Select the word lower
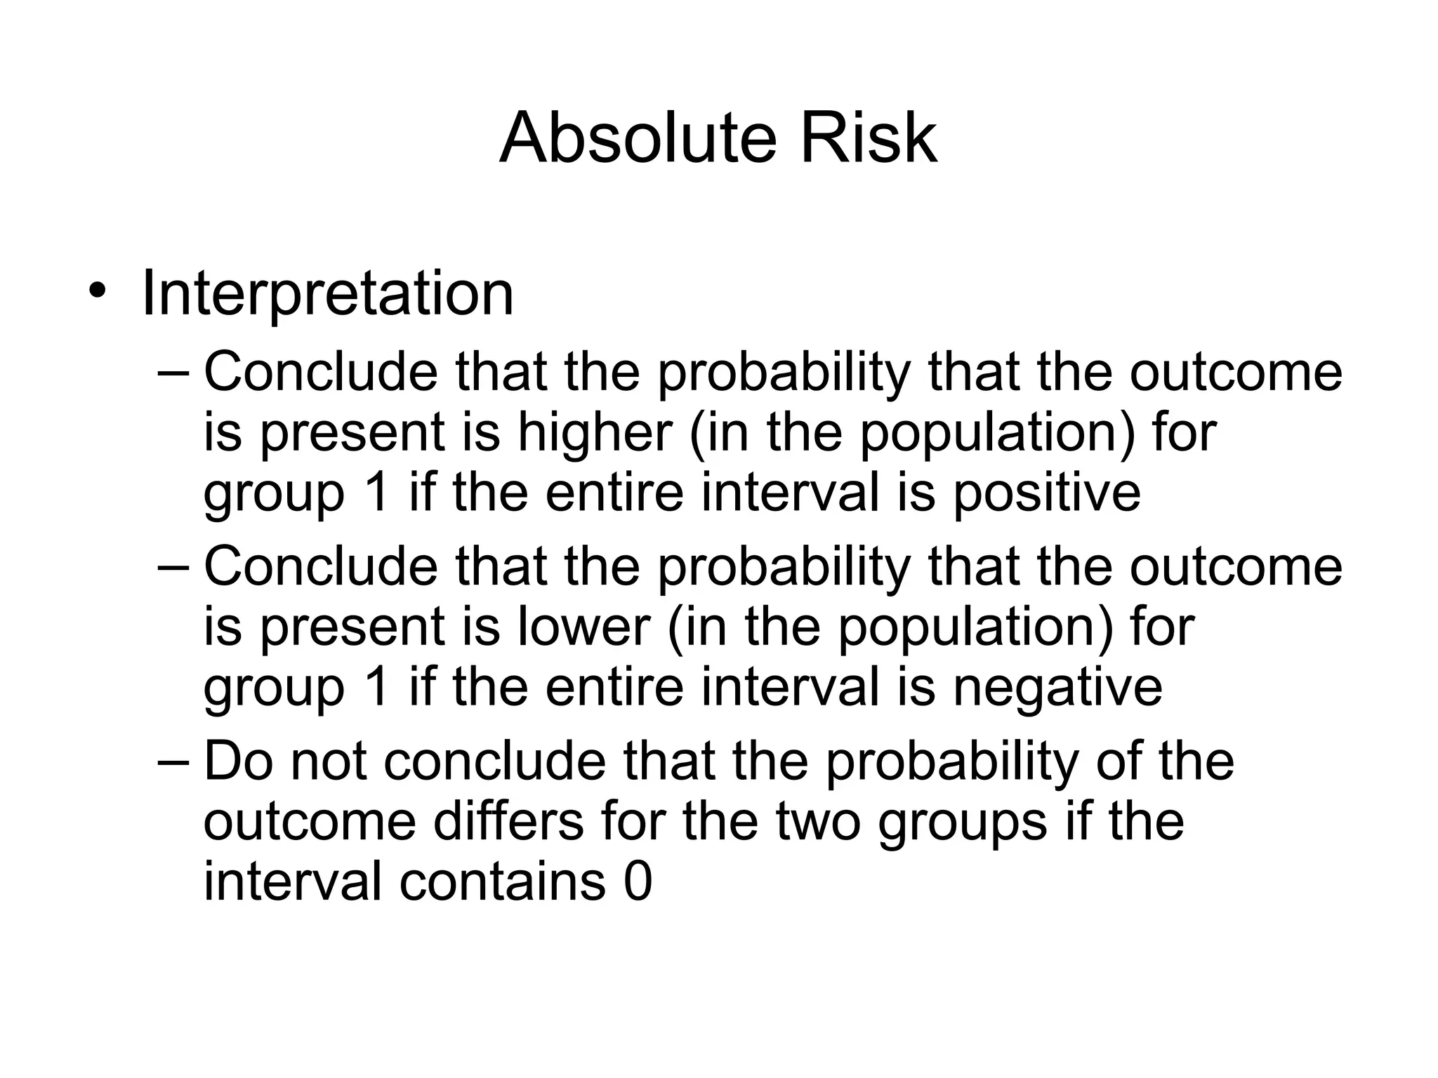[584, 627]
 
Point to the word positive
[1046, 493]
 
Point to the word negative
[1057, 688]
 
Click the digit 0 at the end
[638, 882]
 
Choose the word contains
[502, 882]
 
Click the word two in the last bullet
[818, 822]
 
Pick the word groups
[962, 823]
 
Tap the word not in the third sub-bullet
[329, 761]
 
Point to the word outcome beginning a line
[310, 822]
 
